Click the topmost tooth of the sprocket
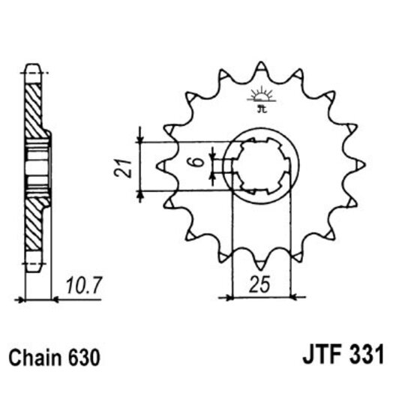(259, 70)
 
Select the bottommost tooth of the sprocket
(259, 265)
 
